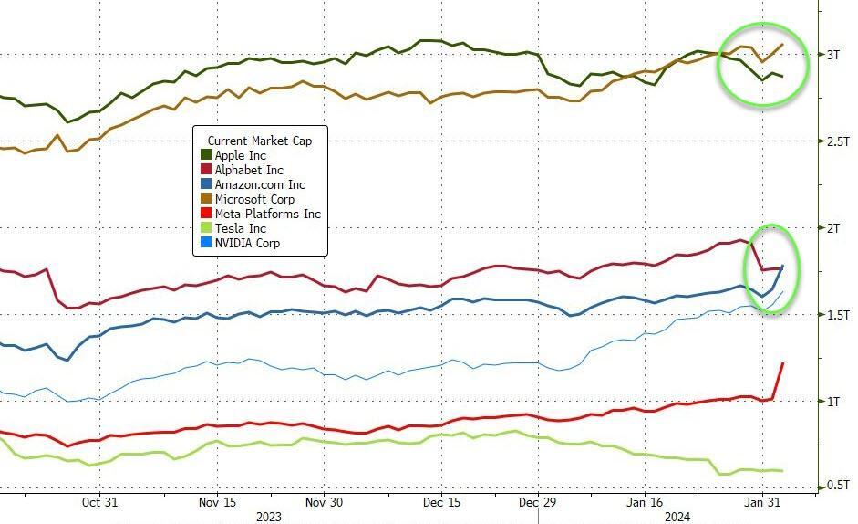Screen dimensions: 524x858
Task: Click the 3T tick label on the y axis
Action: tap(833, 55)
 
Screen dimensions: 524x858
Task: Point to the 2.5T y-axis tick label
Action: tap(838, 141)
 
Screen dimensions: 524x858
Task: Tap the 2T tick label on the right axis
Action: tap(833, 228)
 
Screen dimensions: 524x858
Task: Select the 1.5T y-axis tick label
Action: tap(838, 315)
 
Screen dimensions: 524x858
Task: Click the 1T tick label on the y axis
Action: tap(833, 402)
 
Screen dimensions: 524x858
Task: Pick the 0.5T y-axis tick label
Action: tap(838, 487)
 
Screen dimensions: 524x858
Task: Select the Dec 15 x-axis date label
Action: tap(441, 502)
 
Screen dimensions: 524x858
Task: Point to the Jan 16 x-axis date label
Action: tap(645, 502)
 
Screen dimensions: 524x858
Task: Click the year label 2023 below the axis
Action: tap(268, 517)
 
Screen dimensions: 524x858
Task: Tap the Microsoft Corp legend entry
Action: tap(254, 199)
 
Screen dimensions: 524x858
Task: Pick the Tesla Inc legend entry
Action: tap(240, 228)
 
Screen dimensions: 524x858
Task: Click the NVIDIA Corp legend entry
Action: tap(247, 243)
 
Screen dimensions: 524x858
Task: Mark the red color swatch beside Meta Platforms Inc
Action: tap(205, 214)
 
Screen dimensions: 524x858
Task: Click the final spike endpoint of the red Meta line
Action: tap(783, 363)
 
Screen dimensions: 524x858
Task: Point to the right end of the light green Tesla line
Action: tap(782, 471)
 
